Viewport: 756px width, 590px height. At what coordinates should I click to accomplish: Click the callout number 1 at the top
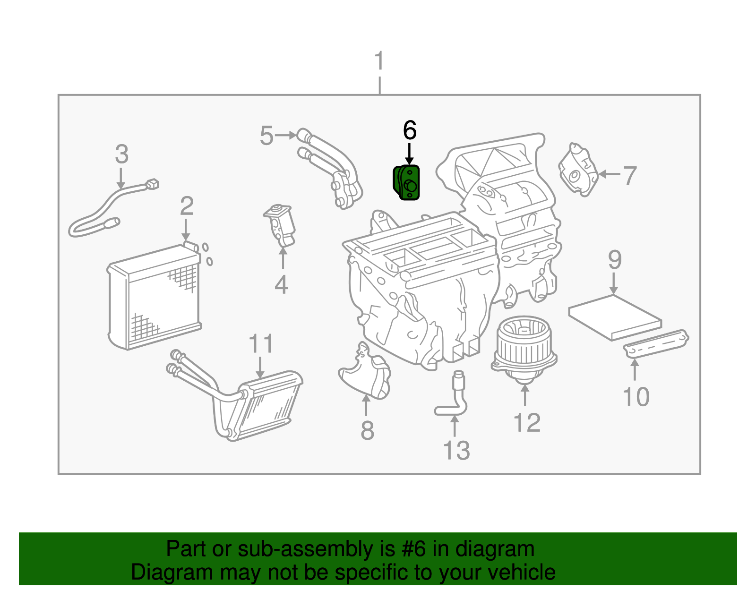point(379,62)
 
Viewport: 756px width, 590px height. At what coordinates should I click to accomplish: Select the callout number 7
point(629,176)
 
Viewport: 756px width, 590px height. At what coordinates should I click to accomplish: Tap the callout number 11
point(261,344)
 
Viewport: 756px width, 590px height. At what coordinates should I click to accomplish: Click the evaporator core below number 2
point(154,298)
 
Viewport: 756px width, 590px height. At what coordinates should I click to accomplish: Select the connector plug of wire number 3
point(152,184)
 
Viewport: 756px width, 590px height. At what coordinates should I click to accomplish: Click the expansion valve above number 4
point(281,224)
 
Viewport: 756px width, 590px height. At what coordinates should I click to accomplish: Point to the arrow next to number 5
point(285,136)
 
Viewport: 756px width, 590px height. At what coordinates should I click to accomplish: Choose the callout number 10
point(636,397)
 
